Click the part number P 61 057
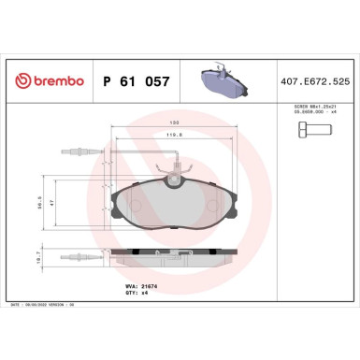click(x=136, y=83)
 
